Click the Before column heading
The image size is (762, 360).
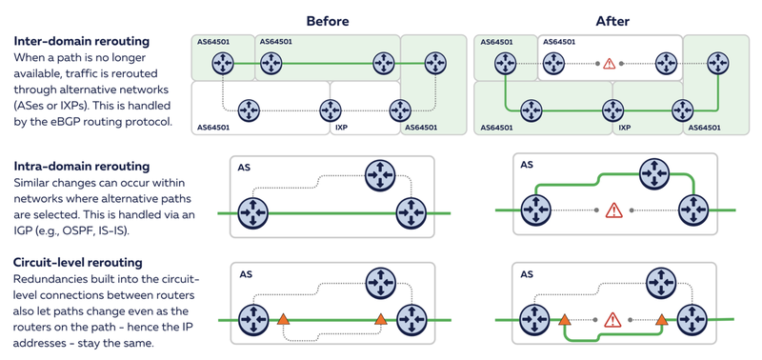tap(327, 21)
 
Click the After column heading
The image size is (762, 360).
tap(612, 21)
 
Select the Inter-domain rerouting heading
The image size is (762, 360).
tap(81, 41)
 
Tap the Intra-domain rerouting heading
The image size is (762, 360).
tap(81, 166)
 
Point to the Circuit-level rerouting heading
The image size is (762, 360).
tap(78, 263)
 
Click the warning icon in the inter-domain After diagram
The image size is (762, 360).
tap(609, 63)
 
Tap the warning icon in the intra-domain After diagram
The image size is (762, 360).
tap(613, 210)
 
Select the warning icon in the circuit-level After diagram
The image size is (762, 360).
tap(612, 320)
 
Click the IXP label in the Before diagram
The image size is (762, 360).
tap(341, 128)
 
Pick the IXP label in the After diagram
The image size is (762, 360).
tap(625, 128)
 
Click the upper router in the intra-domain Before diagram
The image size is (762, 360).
tap(380, 174)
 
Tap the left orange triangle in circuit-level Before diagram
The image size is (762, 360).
tap(283, 319)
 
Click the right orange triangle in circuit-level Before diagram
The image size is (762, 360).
tap(380, 319)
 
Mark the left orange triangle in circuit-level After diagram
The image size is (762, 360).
tap(564, 319)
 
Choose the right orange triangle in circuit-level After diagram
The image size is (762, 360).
tap(661, 319)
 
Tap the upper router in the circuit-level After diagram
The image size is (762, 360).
tap(662, 281)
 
